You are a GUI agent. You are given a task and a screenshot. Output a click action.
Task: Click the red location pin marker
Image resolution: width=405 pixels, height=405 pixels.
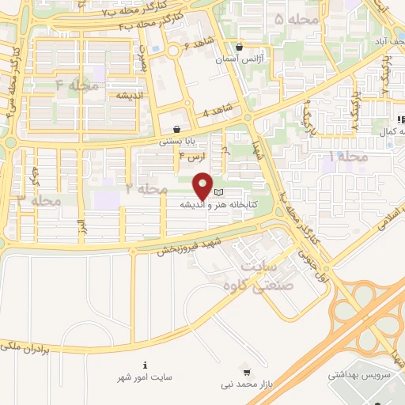click(203, 186)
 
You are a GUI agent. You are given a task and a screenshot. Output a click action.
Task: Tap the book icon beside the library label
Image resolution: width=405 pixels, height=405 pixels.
click(219, 192)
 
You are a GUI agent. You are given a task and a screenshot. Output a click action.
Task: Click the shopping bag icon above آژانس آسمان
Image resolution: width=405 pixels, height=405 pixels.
click(239, 47)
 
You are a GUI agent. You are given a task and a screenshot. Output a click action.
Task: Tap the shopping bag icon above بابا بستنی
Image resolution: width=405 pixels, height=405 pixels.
click(176, 130)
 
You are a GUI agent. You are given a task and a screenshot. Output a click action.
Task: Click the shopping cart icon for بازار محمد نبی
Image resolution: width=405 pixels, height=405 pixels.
click(247, 372)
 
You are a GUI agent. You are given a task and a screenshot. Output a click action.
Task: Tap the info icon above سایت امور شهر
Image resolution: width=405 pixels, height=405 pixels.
click(145, 365)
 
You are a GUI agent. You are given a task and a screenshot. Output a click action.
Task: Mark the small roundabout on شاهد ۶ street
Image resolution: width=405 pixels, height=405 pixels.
click(174, 51)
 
